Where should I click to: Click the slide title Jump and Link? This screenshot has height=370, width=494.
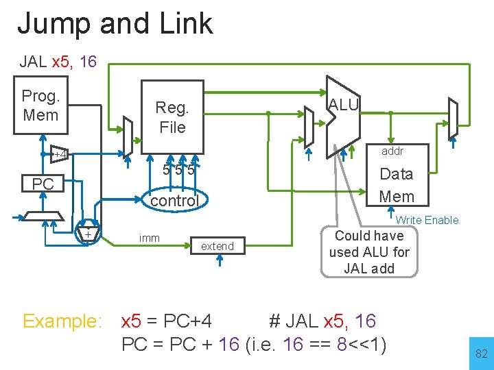(x=115, y=24)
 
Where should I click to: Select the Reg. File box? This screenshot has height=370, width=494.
(x=172, y=116)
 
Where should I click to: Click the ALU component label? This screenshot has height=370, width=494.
(x=343, y=104)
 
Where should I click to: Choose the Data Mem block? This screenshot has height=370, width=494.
(x=397, y=185)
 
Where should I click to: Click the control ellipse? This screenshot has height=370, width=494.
(x=174, y=200)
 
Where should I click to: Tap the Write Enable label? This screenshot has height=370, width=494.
(x=427, y=220)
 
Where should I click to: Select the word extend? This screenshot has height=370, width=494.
(x=217, y=246)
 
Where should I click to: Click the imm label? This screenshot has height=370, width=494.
(x=149, y=238)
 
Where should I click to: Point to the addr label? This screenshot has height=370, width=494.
(x=392, y=151)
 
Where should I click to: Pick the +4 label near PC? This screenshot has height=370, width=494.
(x=60, y=155)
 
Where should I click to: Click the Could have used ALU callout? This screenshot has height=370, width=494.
(x=369, y=252)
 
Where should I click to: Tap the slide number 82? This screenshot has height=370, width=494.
(x=481, y=354)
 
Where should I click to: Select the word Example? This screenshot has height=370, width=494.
(x=62, y=321)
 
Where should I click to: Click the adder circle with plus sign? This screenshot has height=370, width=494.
(x=88, y=234)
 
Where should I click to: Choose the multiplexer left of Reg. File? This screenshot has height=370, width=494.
(x=127, y=135)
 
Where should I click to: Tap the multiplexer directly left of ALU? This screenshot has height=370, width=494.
(x=309, y=127)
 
